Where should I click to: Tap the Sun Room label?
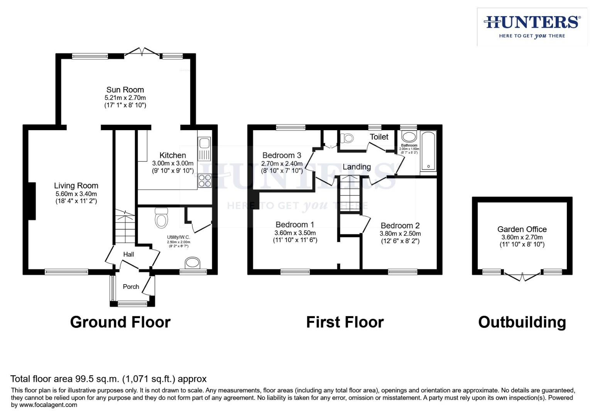tap(125, 90)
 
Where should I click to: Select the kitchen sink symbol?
tap(204, 149)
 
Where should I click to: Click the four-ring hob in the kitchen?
tap(204, 181)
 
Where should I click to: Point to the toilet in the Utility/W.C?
tap(161, 219)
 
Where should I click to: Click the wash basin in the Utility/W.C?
tap(193, 263)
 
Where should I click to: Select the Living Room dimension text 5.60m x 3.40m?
tap(76, 194)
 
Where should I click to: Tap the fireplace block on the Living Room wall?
tap(32, 201)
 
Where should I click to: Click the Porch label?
tap(131, 286)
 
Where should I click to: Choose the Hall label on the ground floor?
tap(128, 254)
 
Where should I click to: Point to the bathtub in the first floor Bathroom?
tap(428, 151)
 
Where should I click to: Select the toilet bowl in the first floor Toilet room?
tap(347, 138)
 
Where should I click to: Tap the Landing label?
tap(357, 167)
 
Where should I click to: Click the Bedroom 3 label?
tap(281, 155)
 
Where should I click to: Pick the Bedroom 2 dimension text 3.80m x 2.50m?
tap(400, 234)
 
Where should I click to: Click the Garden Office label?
tap(522, 229)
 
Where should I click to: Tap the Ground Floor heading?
tap(120, 322)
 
